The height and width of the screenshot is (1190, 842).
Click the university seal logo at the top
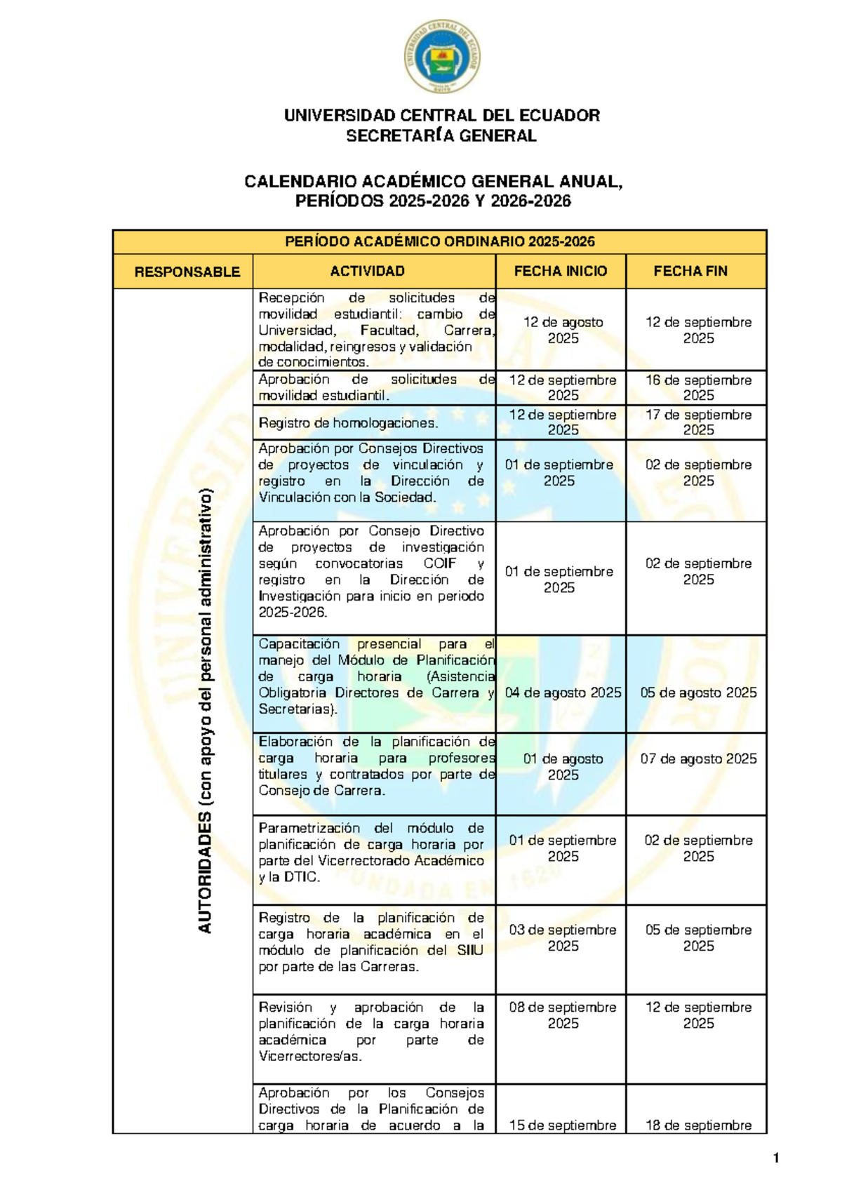point(442,56)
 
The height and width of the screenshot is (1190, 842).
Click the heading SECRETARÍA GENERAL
point(441,136)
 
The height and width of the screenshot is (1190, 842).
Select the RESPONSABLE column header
point(187,272)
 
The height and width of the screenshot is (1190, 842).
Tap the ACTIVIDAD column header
point(367,271)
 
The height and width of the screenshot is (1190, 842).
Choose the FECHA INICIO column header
point(560,271)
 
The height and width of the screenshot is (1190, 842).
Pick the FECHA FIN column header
point(690,271)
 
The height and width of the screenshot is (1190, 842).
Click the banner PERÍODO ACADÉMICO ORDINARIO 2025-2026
point(439,241)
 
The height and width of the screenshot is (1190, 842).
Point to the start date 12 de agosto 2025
point(563,330)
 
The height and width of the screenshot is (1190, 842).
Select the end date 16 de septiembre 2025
point(698,387)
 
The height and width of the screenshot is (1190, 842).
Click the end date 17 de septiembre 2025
point(698,422)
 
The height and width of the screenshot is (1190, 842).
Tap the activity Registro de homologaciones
point(348,423)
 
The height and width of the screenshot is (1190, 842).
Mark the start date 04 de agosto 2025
point(563,693)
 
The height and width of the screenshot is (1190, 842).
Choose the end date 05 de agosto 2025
point(698,693)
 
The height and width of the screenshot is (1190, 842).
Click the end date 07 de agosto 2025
point(698,758)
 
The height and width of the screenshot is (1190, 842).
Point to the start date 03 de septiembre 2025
point(563,937)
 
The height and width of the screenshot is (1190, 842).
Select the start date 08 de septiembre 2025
point(563,1015)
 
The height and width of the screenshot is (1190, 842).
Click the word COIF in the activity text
point(439,563)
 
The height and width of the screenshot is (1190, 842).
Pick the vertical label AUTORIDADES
point(205,872)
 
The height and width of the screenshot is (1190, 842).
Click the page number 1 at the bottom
point(775,1158)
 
